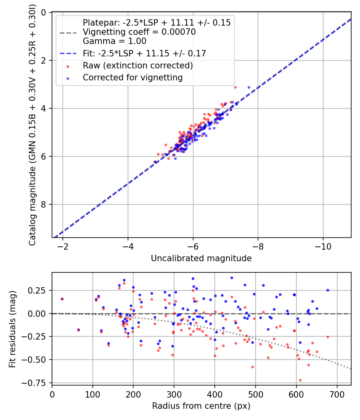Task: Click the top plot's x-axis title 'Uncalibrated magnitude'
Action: point(201,258)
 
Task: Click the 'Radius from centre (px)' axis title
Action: point(201,406)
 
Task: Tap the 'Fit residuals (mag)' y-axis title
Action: point(13,329)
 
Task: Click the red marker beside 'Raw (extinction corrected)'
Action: point(68,66)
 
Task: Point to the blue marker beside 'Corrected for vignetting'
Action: point(68,78)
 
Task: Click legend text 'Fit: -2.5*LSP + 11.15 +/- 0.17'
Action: point(144,53)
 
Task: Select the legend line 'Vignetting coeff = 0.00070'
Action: point(139,32)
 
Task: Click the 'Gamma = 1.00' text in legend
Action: point(114,41)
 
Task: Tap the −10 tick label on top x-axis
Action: point(323,246)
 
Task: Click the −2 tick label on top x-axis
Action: point(63,246)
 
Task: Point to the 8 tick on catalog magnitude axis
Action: point(44,204)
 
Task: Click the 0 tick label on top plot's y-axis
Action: point(44,12)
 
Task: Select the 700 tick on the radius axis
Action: point(337,394)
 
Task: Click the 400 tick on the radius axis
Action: point(215,394)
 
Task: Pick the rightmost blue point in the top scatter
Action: point(249,87)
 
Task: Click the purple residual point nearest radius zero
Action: point(62,299)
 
